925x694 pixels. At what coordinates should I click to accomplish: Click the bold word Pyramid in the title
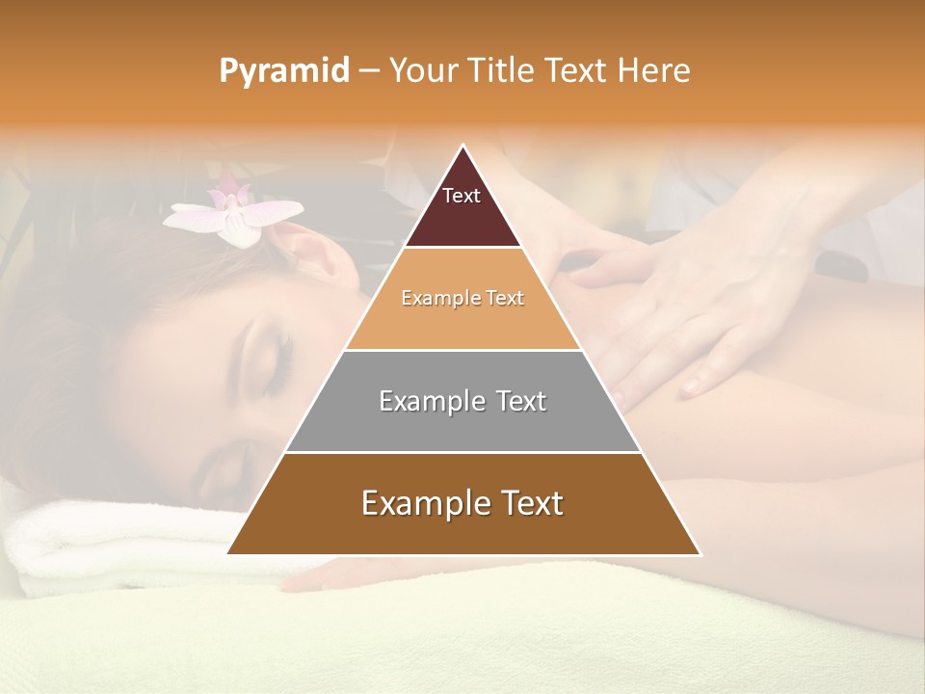283,71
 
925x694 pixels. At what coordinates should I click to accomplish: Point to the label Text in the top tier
462,196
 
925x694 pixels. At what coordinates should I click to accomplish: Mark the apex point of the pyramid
463,146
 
